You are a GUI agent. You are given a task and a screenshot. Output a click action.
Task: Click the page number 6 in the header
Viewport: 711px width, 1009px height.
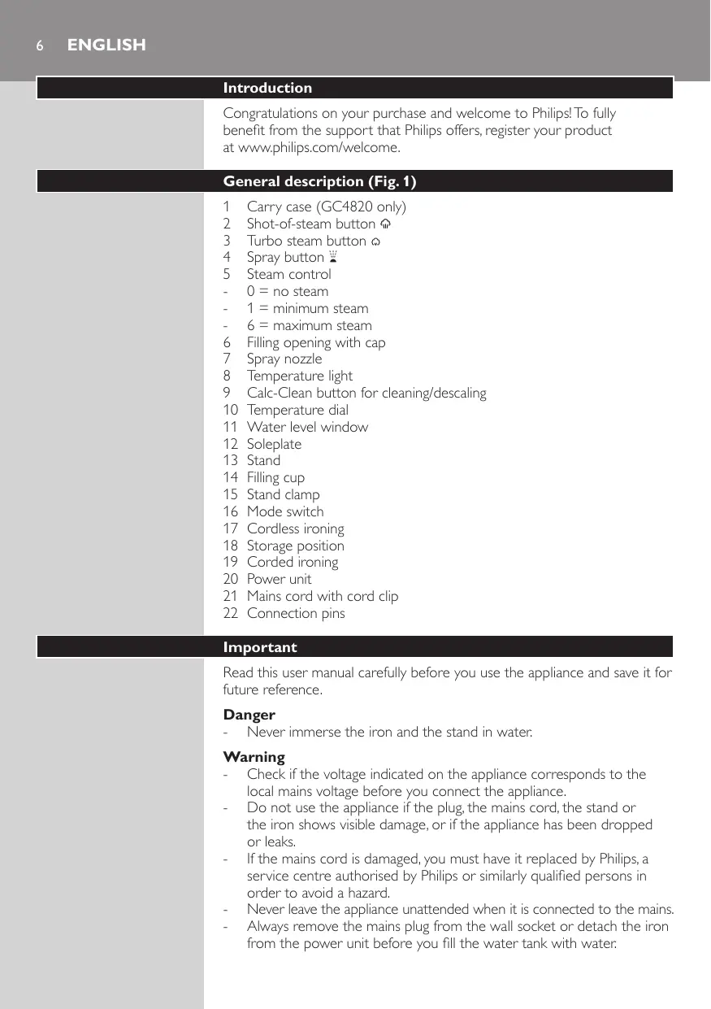coord(39,46)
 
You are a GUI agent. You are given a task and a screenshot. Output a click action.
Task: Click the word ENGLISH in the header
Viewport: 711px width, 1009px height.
coord(106,46)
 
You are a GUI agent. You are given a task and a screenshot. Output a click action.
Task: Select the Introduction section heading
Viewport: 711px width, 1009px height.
coord(267,88)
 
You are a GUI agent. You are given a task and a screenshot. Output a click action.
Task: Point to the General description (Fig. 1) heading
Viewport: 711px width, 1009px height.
coord(319,181)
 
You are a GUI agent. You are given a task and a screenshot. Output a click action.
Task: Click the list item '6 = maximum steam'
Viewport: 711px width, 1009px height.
coord(310,325)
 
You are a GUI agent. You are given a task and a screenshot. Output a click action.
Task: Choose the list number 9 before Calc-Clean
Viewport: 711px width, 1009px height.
coord(228,393)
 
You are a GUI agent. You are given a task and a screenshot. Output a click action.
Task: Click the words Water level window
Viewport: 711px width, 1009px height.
coord(307,427)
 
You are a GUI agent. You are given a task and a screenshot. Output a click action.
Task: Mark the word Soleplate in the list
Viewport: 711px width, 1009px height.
coord(274,444)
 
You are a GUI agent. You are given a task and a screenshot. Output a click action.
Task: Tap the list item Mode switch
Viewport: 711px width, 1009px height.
coord(284,511)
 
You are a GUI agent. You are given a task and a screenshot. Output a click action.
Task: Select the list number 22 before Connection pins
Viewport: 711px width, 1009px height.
coord(231,613)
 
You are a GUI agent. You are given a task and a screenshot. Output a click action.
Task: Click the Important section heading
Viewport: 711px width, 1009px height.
coord(260,647)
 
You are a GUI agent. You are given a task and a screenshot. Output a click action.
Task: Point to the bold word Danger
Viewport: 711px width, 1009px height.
coord(249,715)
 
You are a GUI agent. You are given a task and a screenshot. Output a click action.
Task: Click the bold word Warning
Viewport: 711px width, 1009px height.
coord(254,757)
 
